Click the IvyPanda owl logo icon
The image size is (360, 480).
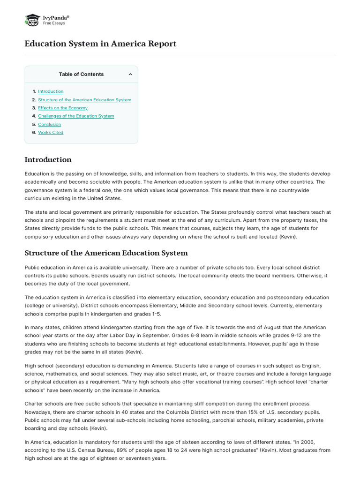(x=32, y=20)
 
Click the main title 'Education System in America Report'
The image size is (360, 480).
(x=100, y=44)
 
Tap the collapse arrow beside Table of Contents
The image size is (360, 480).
(x=130, y=74)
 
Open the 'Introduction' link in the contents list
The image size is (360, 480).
(x=51, y=91)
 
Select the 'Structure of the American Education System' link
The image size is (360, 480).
(x=84, y=100)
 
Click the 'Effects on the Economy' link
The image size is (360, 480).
(x=62, y=108)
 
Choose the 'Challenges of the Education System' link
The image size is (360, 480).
(x=76, y=116)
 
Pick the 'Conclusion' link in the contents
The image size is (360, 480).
(x=49, y=124)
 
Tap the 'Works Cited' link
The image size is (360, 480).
(x=51, y=132)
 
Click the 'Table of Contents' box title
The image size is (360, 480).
(x=81, y=74)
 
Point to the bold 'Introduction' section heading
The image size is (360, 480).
(x=48, y=159)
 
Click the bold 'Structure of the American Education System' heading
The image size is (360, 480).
(x=106, y=253)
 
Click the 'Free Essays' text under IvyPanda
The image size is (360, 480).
(x=54, y=23)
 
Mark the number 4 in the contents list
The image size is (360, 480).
(x=34, y=116)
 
